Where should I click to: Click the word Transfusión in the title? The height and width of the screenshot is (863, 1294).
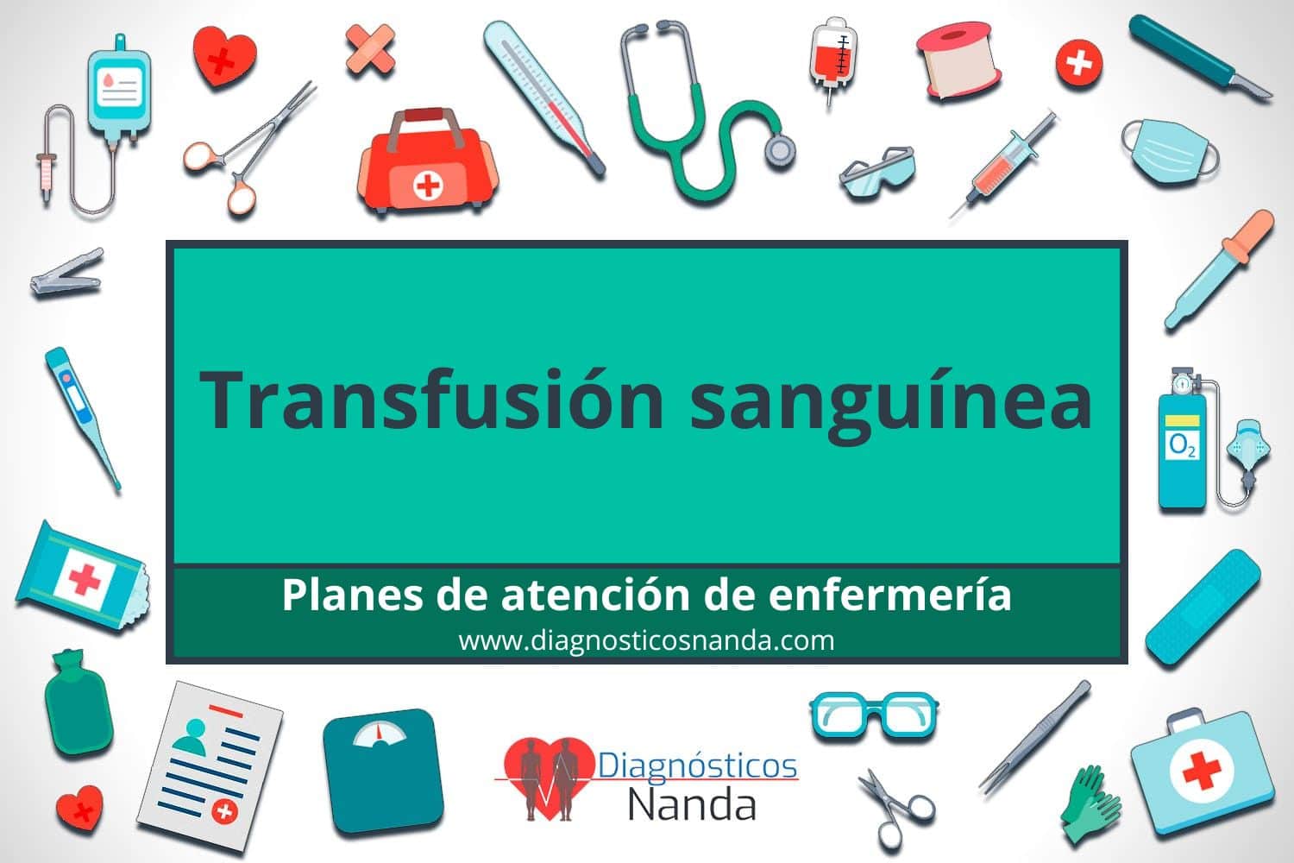tap(431, 400)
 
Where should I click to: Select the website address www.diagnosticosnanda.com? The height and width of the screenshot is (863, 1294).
tap(646, 641)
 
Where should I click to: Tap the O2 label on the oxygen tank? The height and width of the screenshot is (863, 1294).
tap(1182, 445)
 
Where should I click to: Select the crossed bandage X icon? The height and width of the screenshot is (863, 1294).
tap(371, 49)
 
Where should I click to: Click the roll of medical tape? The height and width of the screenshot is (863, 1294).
tap(958, 60)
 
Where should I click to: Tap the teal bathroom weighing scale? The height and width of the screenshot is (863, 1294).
tap(383, 772)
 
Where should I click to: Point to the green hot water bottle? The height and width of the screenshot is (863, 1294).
tap(78, 702)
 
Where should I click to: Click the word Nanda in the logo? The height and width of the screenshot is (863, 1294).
tap(692, 804)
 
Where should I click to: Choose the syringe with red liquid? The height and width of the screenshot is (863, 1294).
tap(1003, 165)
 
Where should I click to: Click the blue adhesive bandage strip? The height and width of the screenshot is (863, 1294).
tap(1203, 608)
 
